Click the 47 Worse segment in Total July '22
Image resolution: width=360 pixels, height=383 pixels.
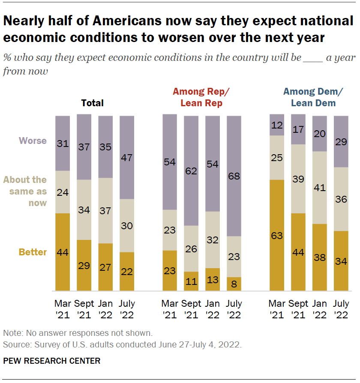pos(127,158)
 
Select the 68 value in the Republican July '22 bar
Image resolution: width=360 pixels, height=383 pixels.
pos(234,176)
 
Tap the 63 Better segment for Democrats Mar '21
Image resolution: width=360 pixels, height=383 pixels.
pos(277,236)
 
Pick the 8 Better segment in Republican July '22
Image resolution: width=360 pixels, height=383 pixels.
pos(234,284)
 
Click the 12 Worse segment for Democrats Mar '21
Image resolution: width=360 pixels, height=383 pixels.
pos(277,125)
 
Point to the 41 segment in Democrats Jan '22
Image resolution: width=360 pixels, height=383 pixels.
pos(320,188)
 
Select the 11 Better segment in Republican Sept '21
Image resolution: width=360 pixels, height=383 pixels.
pos(191,281)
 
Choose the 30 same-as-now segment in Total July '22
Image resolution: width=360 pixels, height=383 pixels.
pos(127,226)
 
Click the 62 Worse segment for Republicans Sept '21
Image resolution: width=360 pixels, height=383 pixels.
pos(191,171)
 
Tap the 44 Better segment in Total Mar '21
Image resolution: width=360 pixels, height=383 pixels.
pos(63,252)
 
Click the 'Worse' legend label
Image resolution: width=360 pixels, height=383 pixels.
pos(33,141)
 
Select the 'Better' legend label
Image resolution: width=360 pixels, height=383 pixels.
pos(33,252)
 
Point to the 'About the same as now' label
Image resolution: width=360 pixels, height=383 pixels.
pos(25,191)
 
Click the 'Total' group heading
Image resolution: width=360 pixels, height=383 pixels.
pos(93,103)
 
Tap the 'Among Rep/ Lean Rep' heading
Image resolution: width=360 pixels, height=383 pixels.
pos(201,97)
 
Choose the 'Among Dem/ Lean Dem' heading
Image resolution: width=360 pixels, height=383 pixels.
pos(313,97)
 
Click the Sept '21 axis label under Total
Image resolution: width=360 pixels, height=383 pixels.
pos(84,309)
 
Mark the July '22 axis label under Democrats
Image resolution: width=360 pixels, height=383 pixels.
pos(341,309)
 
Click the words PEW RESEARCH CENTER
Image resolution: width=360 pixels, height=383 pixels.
pos(52,361)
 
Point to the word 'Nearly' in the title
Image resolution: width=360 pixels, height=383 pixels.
pos(24,21)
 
